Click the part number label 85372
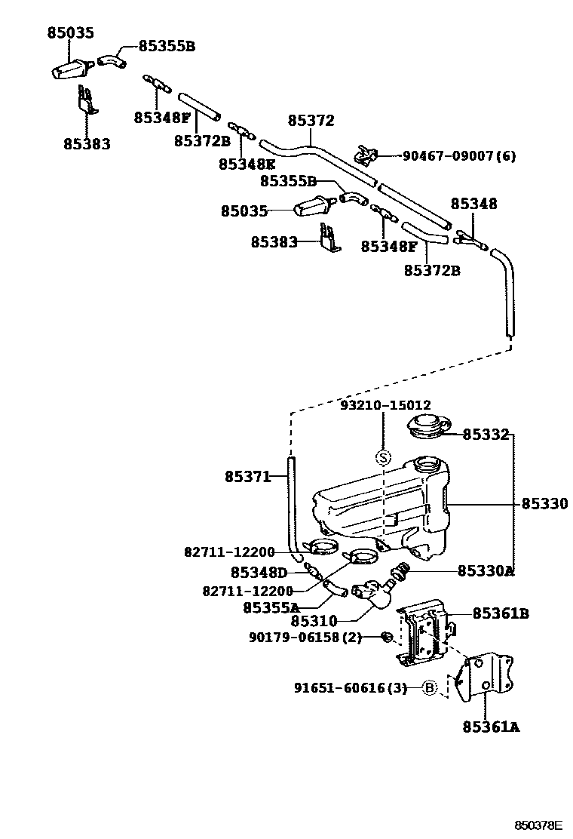coord(311,121)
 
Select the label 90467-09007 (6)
coord(459,156)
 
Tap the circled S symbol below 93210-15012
coord(383,457)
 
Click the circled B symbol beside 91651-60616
coord(429,687)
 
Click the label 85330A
coord(486,571)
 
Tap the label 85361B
coord(501,613)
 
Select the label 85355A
coord(271,607)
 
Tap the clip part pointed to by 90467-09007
coord(365,155)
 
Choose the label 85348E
coord(247,163)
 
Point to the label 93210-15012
coord(385,406)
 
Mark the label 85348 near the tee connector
coord(473,204)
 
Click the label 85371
coord(247,476)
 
